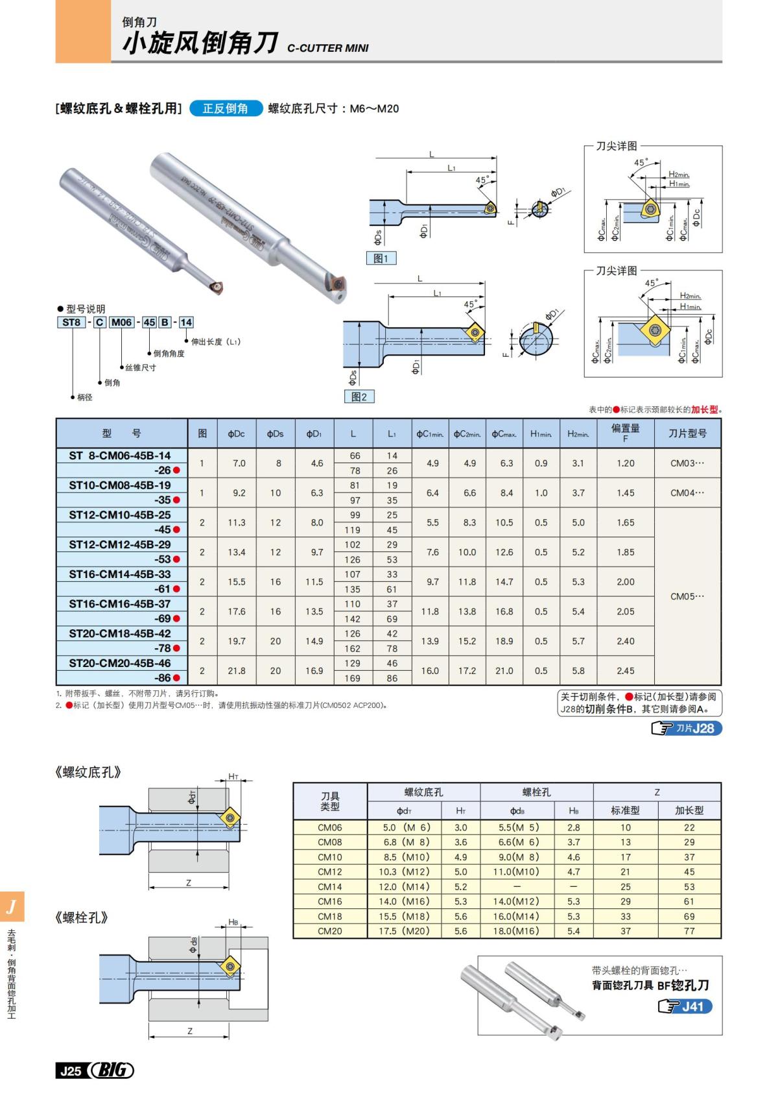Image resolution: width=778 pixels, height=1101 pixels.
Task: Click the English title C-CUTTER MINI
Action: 327,48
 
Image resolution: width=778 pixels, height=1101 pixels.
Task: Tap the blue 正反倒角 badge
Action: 226,108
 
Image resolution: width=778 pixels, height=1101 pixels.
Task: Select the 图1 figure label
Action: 381,258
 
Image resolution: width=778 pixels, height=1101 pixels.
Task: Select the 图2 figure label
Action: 359,396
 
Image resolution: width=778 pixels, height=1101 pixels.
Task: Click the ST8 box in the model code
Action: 71,322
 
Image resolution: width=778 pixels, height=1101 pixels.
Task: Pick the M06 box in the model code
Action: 121,322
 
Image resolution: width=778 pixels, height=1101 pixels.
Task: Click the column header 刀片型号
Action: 687,433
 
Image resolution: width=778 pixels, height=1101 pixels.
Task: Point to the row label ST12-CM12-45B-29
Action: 120,544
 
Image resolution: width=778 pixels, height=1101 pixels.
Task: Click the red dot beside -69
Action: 176,618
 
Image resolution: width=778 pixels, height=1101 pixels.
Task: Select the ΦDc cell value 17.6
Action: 237,611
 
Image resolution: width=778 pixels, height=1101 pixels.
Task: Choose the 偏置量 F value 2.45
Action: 625,670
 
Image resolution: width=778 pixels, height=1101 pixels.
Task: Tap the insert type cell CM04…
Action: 687,492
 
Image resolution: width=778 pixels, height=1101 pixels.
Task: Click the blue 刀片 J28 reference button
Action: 687,728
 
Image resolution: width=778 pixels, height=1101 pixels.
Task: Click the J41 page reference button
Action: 685,1006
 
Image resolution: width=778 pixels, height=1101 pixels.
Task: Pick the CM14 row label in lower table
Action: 329,886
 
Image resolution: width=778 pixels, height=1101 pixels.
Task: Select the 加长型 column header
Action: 689,810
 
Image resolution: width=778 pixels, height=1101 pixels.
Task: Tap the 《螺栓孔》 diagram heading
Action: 81,917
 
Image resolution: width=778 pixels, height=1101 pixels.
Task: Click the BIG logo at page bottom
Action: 112,1070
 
